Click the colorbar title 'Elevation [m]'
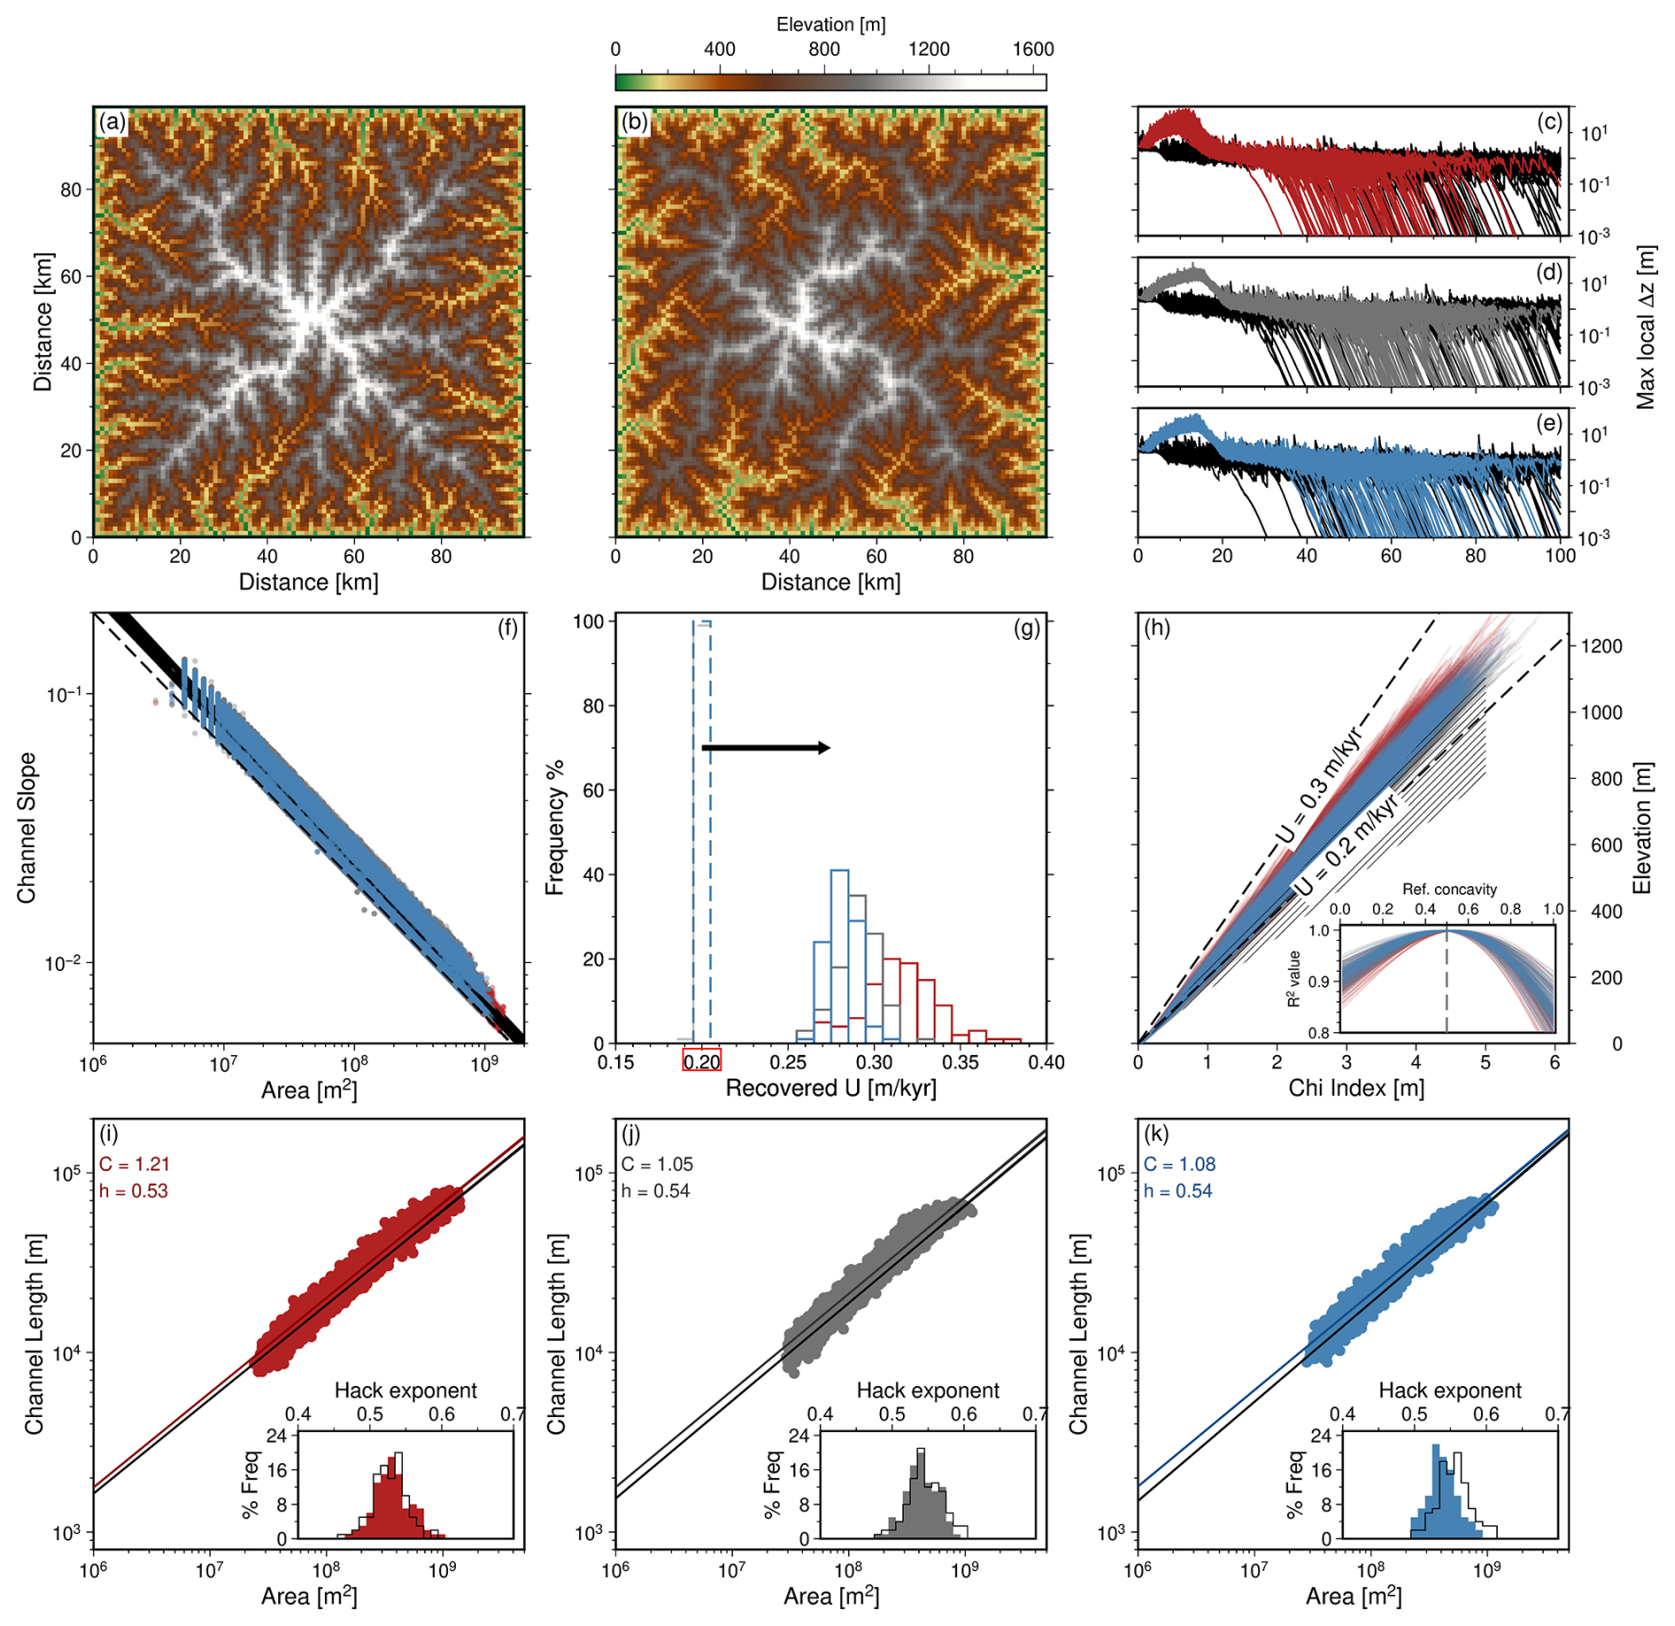pyautogui.click(x=830, y=25)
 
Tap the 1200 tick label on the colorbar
pyautogui.click(x=929, y=50)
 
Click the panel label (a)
pyautogui.click(x=112, y=121)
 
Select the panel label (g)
pyautogui.click(x=1027, y=628)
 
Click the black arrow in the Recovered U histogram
pyautogui.click(x=766, y=748)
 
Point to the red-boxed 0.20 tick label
pyautogui.click(x=702, y=1060)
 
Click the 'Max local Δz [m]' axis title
pyautogui.click(x=1645, y=328)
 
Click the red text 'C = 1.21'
pyautogui.click(x=134, y=1164)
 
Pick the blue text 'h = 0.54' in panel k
pyautogui.click(x=1177, y=1191)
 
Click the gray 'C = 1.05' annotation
pyautogui.click(x=657, y=1164)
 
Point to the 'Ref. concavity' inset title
pyautogui.click(x=1449, y=889)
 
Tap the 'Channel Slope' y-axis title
pyautogui.click(x=27, y=828)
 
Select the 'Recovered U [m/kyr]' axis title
pyautogui.click(x=830, y=1089)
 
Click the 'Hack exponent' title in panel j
pyautogui.click(x=928, y=1391)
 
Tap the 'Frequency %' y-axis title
pyautogui.click(x=555, y=828)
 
